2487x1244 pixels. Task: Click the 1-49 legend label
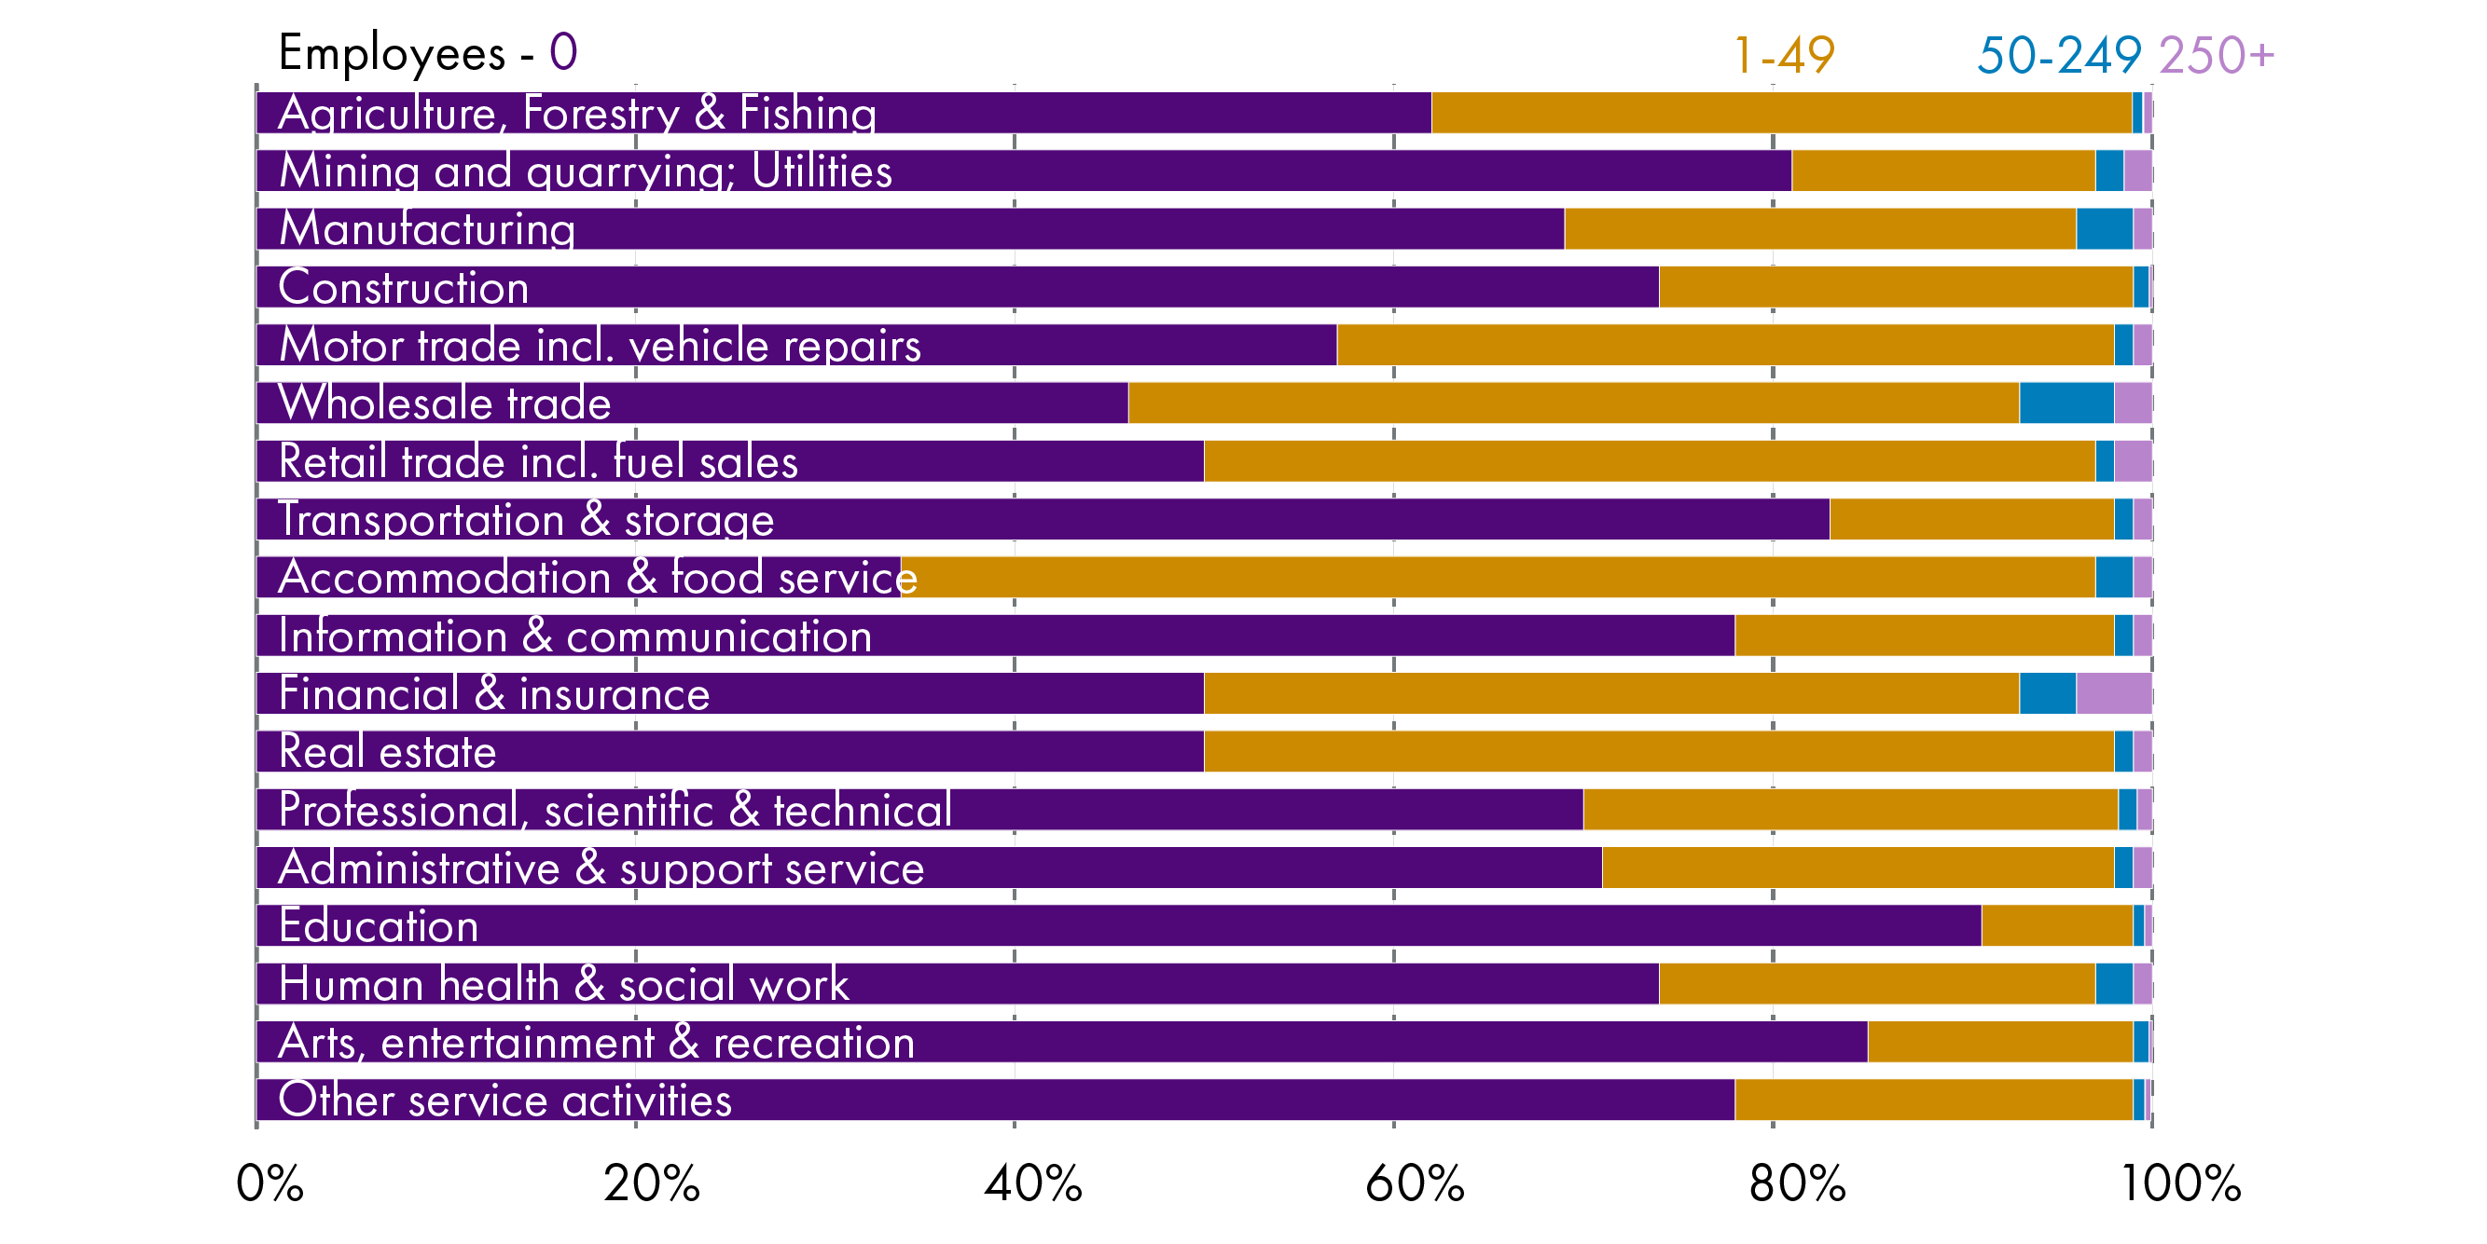pos(1784,55)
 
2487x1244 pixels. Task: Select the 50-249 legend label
pos(2058,55)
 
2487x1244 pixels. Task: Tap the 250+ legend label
pos(2216,55)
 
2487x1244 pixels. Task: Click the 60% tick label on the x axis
pos(1415,1182)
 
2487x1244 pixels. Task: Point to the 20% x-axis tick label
pos(652,1182)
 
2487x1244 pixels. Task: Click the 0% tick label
pos(269,1182)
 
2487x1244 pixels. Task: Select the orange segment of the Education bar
pos(2056,925)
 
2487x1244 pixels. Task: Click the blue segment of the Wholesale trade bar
pos(2066,403)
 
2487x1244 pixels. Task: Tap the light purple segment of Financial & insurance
pos(2113,693)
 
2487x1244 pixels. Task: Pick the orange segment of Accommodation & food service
pos(1497,577)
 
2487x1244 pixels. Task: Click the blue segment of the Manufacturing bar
pos(2104,228)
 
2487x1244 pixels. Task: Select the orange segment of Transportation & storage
pos(1970,519)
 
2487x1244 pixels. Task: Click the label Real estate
pos(387,752)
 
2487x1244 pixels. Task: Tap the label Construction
pos(404,288)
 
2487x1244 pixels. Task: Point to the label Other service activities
pos(504,1100)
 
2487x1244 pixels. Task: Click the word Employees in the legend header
pos(391,53)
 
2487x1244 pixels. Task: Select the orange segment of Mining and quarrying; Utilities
pos(1942,171)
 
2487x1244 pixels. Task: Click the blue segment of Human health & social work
pos(2113,983)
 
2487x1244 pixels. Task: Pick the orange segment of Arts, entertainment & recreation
pos(1999,1042)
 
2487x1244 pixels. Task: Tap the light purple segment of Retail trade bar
pos(2133,461)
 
